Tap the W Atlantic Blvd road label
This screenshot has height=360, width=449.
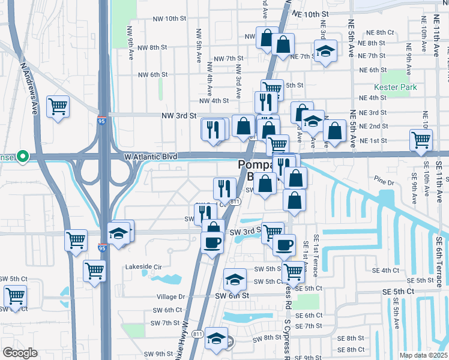pos(151,157)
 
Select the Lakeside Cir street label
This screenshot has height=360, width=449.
pos(143,266)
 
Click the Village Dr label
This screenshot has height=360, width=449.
pos(171,296)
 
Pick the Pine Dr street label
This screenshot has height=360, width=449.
pos(382,181)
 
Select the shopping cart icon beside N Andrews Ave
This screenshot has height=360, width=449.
pos(58,107)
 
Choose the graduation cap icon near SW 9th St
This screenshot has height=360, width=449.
pos(216,338)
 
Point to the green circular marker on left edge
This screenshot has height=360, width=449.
pos(23,157)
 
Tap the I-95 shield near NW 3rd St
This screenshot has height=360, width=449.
pos(102,120)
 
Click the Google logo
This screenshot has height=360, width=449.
pos(20,353)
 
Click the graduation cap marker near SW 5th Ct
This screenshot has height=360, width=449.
pos(235,279)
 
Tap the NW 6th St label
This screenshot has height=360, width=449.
pos(152,75)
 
